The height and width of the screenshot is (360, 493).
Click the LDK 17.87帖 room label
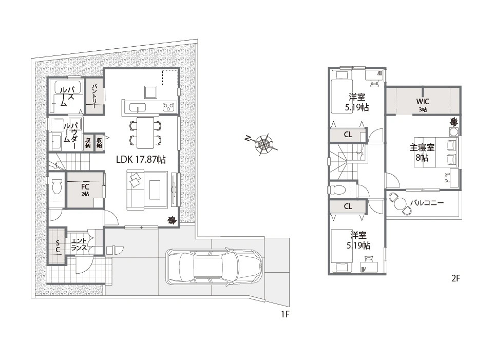click(x=141, y=159)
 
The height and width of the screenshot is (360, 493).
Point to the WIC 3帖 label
click(x=423, y=105)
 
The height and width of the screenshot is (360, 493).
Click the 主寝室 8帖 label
click(x=422, y=152)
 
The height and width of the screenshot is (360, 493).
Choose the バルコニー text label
click(x=427, y=203)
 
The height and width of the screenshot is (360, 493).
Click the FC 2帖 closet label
click(x=85, y=190)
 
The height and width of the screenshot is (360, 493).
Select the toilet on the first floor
click(x=57, y=186)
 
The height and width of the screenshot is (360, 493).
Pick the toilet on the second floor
click(x=338, y=190)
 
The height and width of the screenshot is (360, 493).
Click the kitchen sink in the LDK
click(x=138, y=107)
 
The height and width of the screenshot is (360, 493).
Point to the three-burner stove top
click(x=169, y=107)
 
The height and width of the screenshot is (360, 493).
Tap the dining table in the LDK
click(x=145, y=132)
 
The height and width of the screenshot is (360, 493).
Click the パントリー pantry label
click(x=95, y=93)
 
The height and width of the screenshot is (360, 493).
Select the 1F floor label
click(x=285, y=314)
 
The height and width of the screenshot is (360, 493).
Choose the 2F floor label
click(x=456, y=278)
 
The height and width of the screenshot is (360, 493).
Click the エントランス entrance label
click(x=79, y=244)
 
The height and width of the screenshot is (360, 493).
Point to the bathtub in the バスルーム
click(x=68, y=87)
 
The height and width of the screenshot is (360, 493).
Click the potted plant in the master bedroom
click(x=453, y=121)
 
